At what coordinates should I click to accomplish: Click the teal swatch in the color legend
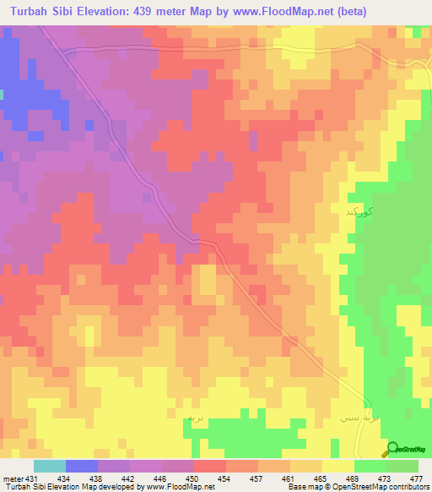tap(50, 466)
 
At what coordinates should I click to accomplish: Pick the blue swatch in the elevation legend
tap(82, 466)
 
